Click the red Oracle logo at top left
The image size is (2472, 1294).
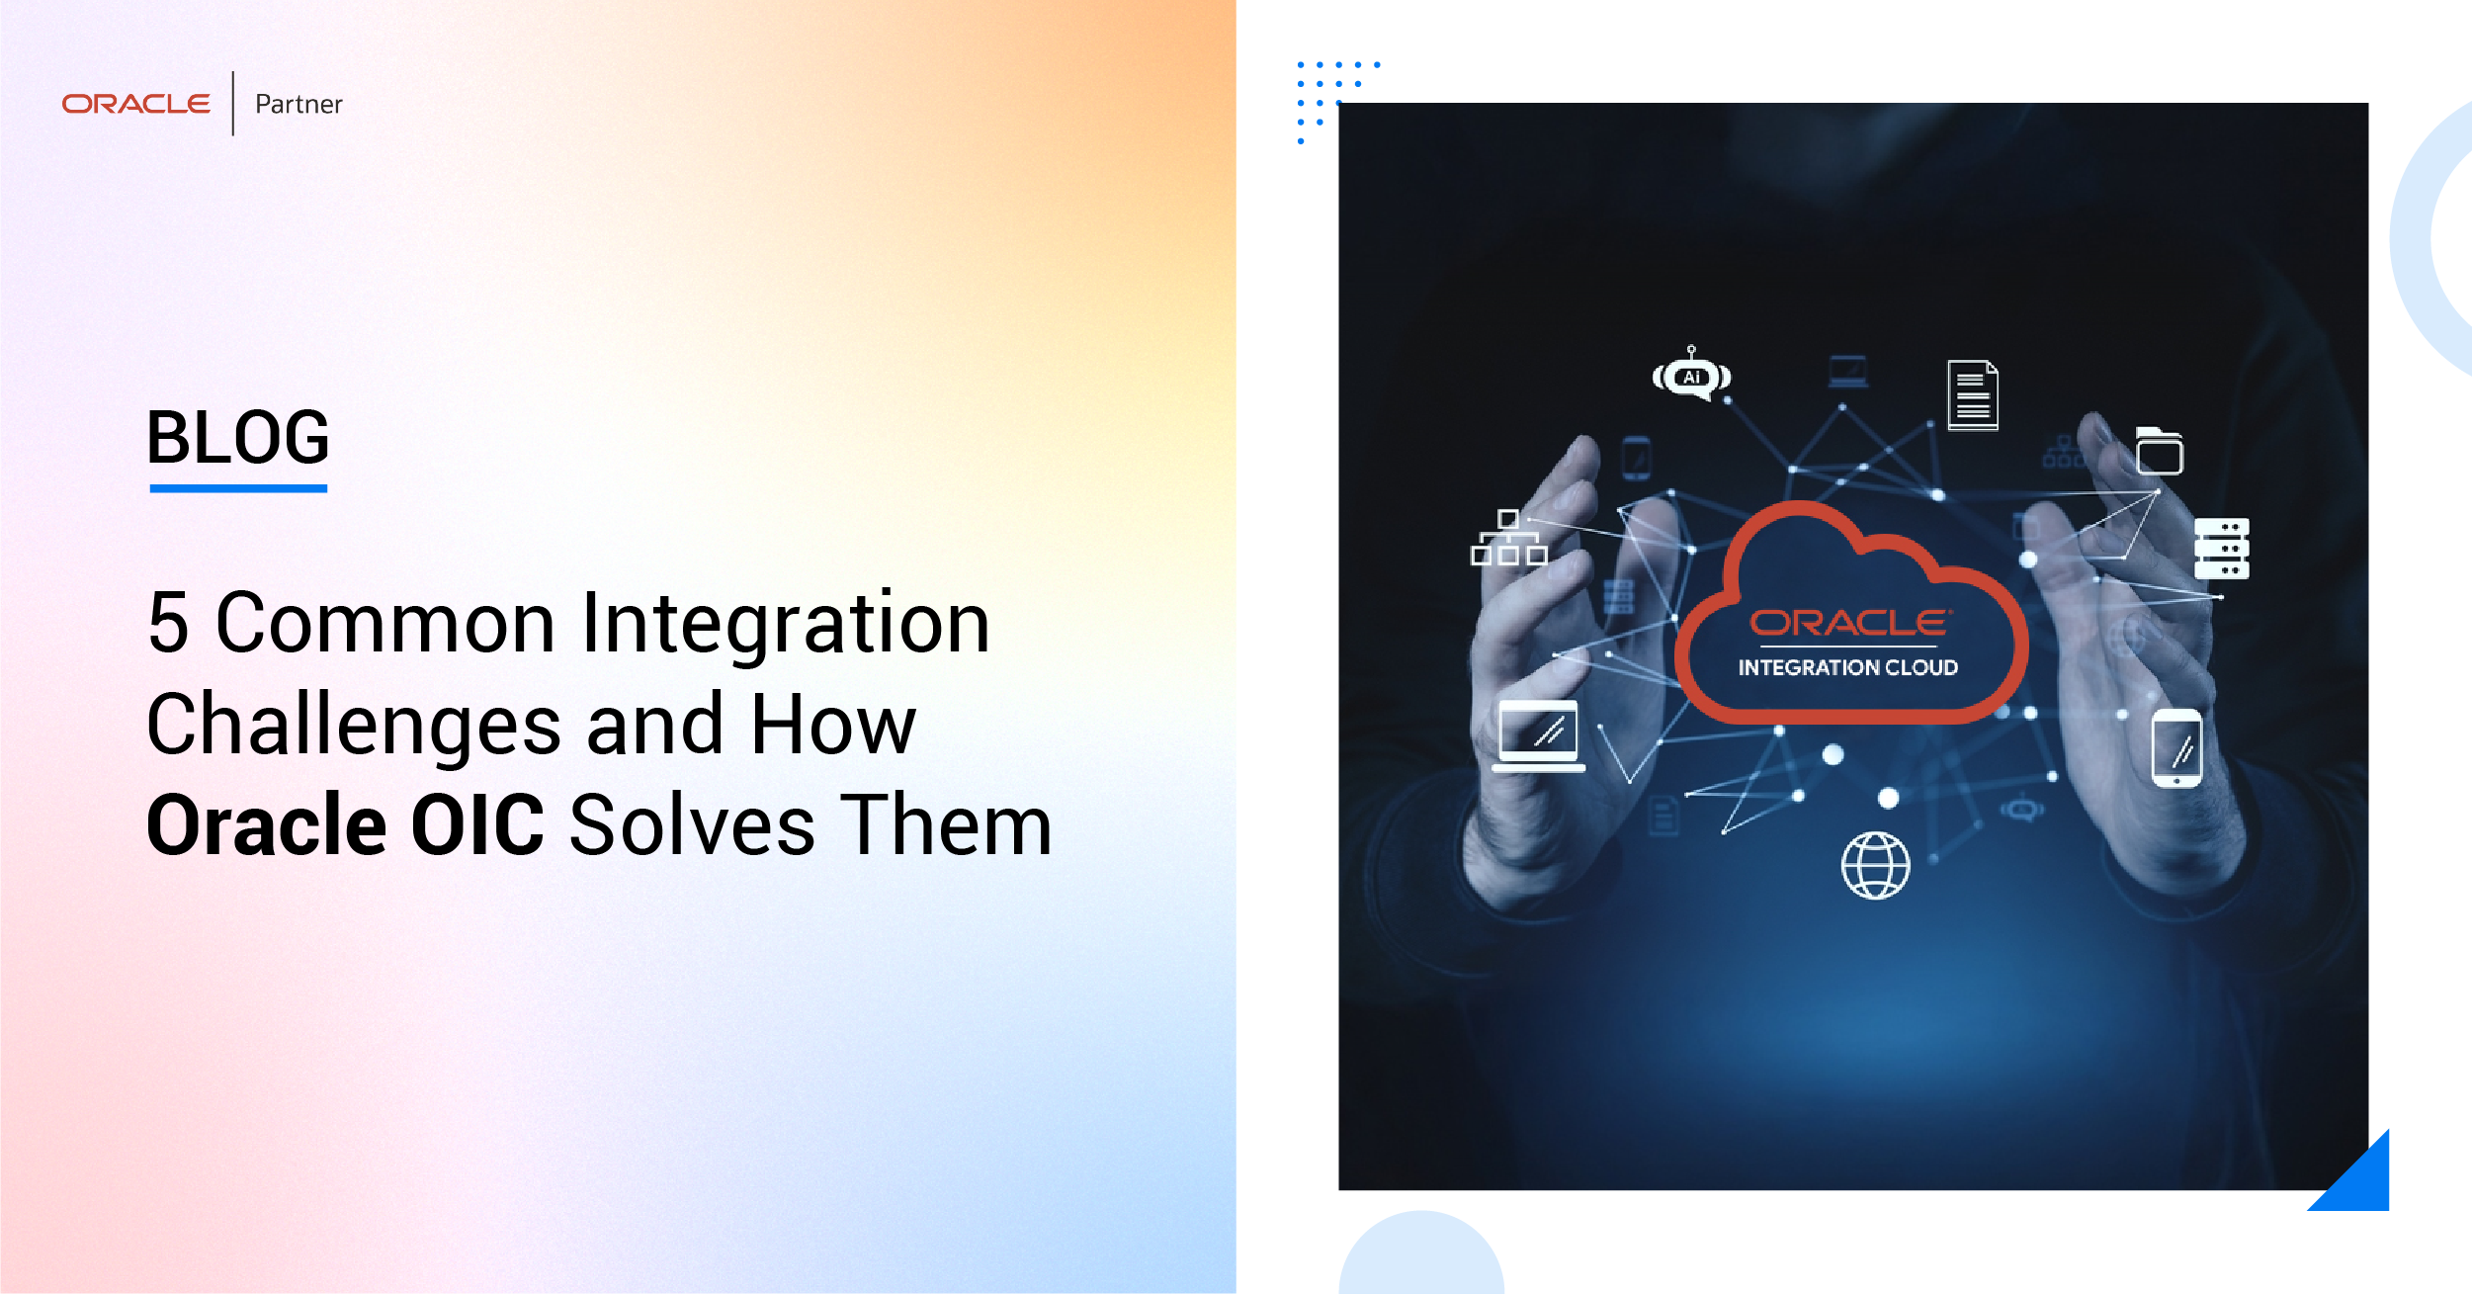coord(136,104)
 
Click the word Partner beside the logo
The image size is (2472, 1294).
coord(298,104)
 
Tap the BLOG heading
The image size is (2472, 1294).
coord(238,437)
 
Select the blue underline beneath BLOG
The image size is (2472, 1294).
coord(238,487)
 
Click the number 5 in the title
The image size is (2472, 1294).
coord(168,623)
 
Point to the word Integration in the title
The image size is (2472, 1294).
coord(786,625)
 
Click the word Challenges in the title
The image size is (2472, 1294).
coord(354,727)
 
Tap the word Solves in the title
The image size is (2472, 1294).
coord(692,824)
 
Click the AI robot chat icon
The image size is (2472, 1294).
coord(1691,375)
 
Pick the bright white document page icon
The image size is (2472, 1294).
coord(1973,395)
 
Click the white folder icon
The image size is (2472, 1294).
coord(2159,451)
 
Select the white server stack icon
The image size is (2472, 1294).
coord(2221,548)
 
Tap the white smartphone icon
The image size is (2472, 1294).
coord(2176,748)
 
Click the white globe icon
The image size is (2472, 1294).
coord(1875,866)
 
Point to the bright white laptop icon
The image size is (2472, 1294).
coord(1538,735)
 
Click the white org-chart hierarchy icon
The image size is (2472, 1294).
coord(1508,538)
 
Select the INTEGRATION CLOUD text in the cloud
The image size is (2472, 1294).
coord(1847,668)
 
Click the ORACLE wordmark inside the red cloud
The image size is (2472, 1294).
coord(1849,623)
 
